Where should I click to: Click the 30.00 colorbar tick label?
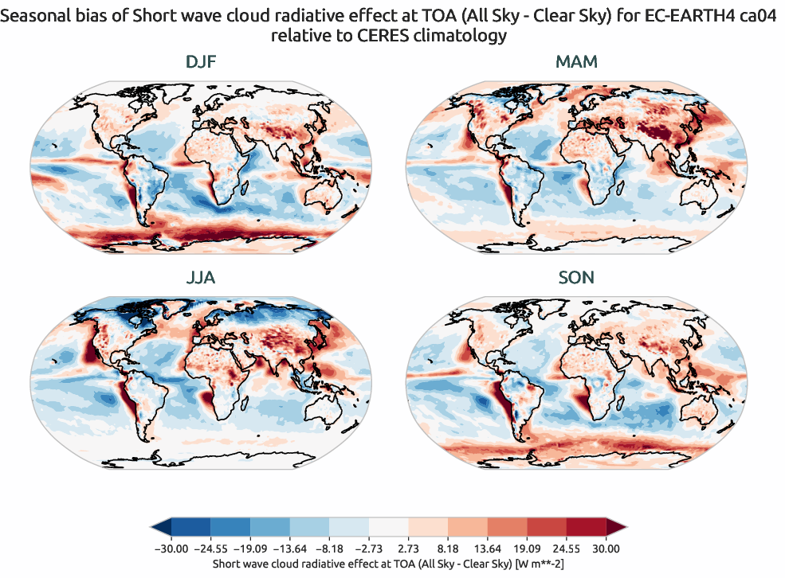click(606, 549)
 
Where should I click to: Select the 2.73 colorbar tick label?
click(408, 549)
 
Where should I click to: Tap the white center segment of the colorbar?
click(388, 527)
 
